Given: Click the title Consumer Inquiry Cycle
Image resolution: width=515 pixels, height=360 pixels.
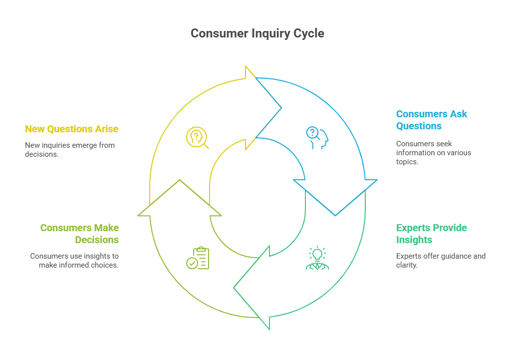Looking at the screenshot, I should pyautogui.click(x=257, y=33).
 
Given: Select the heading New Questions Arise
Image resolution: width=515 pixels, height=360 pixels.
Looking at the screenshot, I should pyautogui.click(x=72, y=129).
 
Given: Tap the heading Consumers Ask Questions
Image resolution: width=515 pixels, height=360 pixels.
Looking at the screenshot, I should pyautogui.click(x=431, y=120).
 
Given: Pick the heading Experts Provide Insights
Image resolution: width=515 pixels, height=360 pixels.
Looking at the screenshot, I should pyautogui.click(x=431, y=234).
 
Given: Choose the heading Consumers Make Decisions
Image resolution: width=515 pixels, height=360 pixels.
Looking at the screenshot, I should pyautogui.click(x=80, y=234).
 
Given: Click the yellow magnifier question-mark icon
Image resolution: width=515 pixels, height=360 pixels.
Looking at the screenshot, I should pyautogui.click(x=197, y=138).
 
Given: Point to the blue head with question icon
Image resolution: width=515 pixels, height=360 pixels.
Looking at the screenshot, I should pyautogui.click(x=317, y=138).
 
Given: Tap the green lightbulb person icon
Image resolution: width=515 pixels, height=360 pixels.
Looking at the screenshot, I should pyautogui.click(x=317, y=259).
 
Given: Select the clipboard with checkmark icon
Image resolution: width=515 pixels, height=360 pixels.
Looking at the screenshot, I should pyautogui.click(x=198, y=258).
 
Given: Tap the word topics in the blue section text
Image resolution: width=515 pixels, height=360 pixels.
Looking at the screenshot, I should pyautogui.click(x=407, y=162).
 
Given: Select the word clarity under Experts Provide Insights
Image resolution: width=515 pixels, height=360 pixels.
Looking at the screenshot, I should pyautogui.click(x=407, y=266).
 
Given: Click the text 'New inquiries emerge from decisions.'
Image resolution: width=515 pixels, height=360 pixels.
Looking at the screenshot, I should pyautogui.click(x=70, y=149).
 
